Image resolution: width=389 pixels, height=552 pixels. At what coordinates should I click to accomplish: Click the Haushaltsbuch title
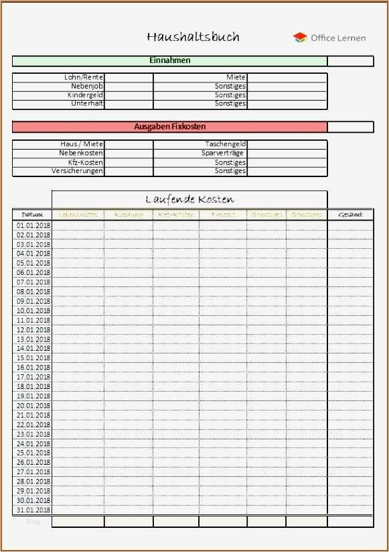pyautogui.click(x=193, y=37)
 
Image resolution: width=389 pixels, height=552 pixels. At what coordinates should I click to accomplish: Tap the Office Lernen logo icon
pyautogui.click(x=300, y=38)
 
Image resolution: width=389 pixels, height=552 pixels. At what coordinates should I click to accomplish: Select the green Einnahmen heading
pyautogui.click(x=169, y=60)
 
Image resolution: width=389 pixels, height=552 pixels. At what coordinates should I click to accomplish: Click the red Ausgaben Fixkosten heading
pyautogui.click(x=169, y=127)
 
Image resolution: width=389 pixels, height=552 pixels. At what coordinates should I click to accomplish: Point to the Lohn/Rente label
pyautogui.click(x=84, y=78)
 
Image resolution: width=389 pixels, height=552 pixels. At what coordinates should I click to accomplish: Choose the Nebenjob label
pyautogui.click(x=87, y=87)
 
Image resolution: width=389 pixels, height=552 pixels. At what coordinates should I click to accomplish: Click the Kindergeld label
pyautogui.click(x=85, y=95)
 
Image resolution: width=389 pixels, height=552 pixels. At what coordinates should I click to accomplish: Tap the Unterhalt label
pyautogui.click(x=87, y=104)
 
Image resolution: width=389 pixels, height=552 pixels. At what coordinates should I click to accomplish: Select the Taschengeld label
pyautogui.click(x=226, y=144)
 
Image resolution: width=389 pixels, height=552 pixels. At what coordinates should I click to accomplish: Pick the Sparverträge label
pyautogui.click(x=224, y=154)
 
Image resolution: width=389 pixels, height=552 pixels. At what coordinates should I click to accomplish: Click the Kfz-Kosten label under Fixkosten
pyautogui.click(x=86, y=163)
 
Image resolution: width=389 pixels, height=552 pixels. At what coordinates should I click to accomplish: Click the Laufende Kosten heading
pyautogui.click(x=189, y=199)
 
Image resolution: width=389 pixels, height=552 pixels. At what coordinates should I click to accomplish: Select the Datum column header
pyautogui.click(x=32, y=215)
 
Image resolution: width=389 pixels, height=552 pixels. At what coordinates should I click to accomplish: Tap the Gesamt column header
pyautogui.click(x=350, y=215)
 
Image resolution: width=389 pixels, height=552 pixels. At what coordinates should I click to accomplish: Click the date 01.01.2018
pyautogui.click(x=33, y=225)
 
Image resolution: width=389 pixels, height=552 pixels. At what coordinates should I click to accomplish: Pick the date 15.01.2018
pyautogui.click(x=33, y=358)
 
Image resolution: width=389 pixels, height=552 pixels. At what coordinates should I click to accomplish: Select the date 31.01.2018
pyautogui.click(x=33, y=510)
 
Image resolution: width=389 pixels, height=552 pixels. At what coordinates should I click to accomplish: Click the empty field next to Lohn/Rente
pyautogui.click(x=129, y=78)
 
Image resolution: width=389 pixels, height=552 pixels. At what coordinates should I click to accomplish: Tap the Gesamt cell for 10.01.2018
pyautogui.click(x=350, y=311)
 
